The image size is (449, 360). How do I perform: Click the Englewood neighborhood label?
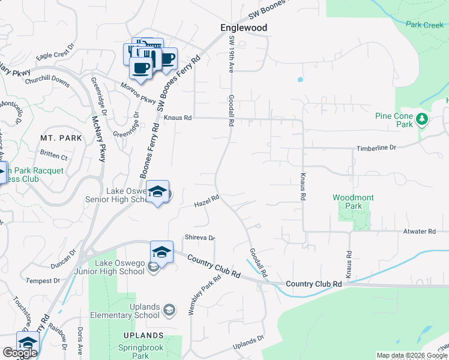coord(243,28)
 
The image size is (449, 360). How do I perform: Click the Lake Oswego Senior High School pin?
coord(157,192)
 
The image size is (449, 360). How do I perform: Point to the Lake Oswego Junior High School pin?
coord(161,252)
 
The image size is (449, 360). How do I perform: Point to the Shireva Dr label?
coord(200,238)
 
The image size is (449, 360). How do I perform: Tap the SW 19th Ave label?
coord(231,55)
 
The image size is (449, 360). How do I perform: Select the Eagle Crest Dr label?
coord(55,52)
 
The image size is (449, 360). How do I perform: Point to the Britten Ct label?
coord(54,156)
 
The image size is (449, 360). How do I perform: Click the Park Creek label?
coord(424,25)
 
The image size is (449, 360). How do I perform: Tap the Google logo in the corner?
coord(20,353)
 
